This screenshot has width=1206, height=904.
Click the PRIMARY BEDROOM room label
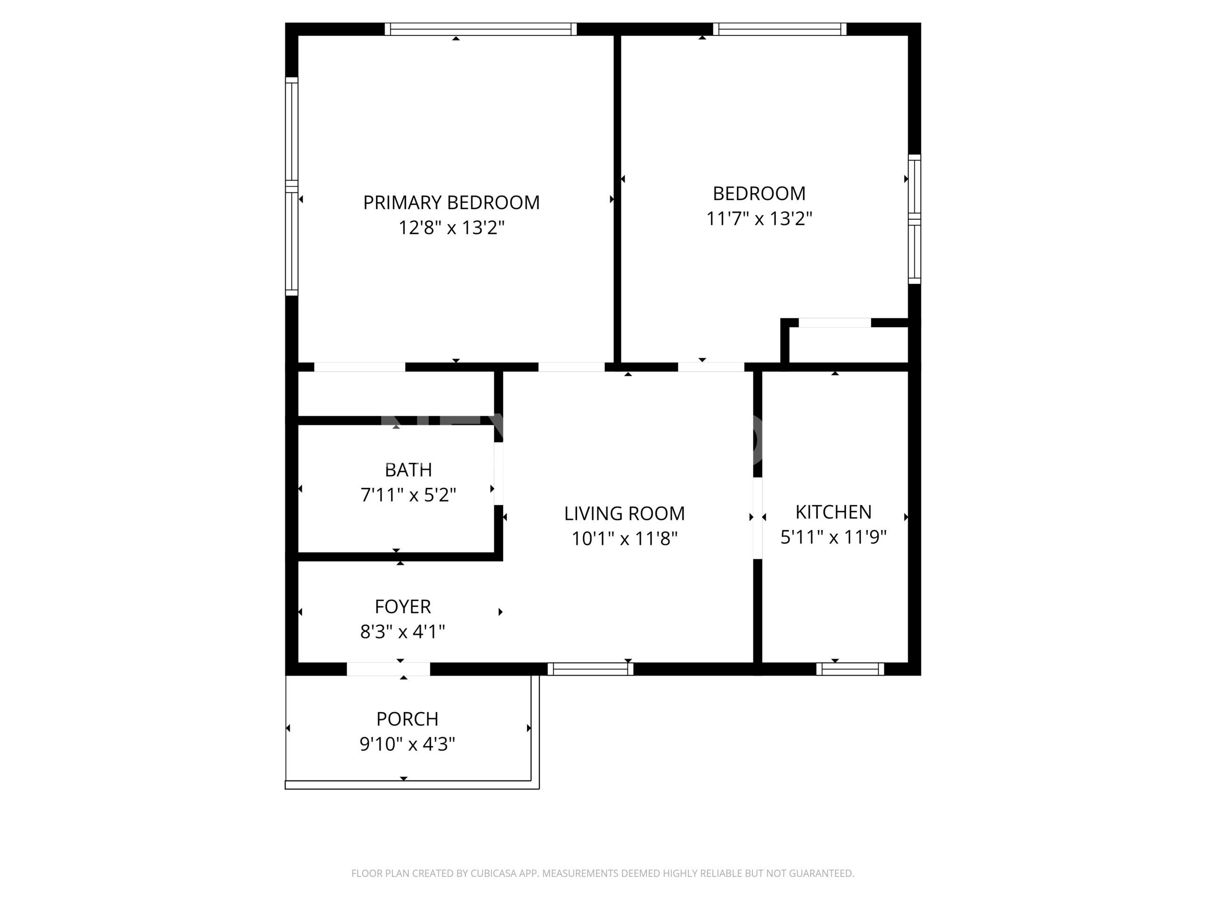pos(451,203)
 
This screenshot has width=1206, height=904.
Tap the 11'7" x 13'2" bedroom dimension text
pos(759,218)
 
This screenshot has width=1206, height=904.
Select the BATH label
pos(408,470)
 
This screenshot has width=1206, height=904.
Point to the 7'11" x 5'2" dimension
pos(408,495)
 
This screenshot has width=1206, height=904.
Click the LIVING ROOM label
pos(624,513)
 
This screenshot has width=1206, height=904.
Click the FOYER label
pos(403,606)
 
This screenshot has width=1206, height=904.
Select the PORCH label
pos(407,719)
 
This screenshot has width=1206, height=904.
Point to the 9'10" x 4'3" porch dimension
pos(407,744)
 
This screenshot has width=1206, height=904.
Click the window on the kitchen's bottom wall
pos(850,669)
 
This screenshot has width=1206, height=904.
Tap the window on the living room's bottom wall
pos(590,669)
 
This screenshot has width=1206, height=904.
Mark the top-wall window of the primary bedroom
pos(481,29)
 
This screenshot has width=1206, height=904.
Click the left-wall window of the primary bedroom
pos(292,186)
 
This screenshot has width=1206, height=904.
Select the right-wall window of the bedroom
pos(914,219)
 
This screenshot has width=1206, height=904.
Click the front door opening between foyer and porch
pos(388,669)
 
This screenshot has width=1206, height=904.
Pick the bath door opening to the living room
pos(498,474)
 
